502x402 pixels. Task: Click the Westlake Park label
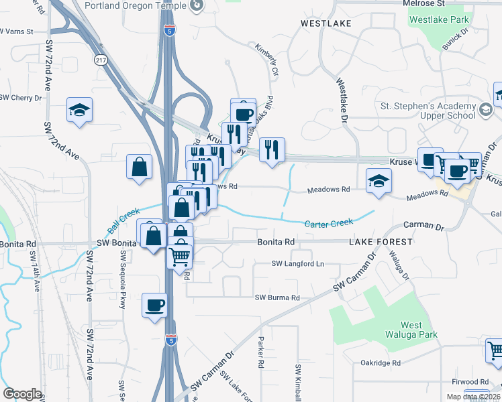point(440,19)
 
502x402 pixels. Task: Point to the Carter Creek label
point(329,222)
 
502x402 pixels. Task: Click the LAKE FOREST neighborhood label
point(380,241)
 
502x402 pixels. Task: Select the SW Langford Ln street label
point(297,264)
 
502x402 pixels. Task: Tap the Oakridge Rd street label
point(380,363)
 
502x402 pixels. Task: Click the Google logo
point(22,394)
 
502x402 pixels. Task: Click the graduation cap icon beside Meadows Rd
point(379,180)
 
